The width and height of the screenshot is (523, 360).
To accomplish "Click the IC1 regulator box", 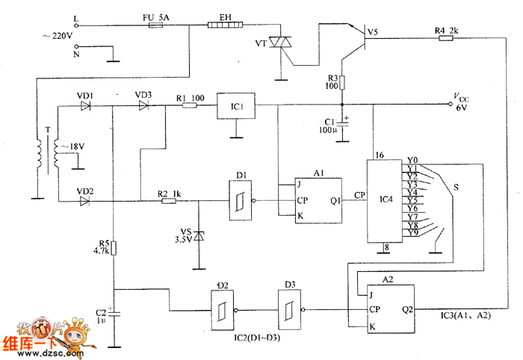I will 236,106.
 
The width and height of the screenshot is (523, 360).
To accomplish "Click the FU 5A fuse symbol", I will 158,25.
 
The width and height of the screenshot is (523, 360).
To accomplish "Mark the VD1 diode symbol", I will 84,106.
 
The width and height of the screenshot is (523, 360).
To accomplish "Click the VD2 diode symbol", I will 84,201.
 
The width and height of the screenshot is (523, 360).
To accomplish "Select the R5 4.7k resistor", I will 114,248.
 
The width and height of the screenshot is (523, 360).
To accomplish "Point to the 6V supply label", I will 461,108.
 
